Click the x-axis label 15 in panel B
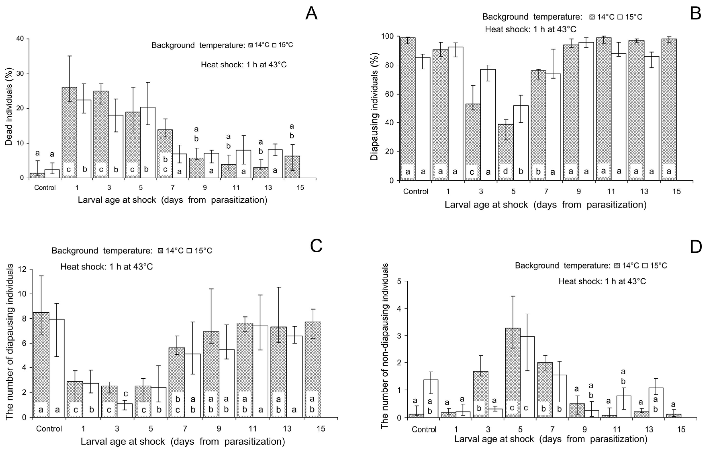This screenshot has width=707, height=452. (x=676, y=192)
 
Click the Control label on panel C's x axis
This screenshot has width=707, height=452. (x=49, y=429)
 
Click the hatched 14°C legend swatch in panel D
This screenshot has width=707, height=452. (x=617, y=266)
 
